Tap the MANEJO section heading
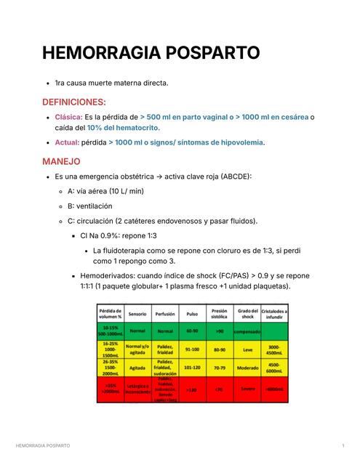tap(61, 161)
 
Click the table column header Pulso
tap(192, 315)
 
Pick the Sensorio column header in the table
tap(137, 315)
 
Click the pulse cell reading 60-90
tap(192, 331)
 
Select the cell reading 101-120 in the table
tap(192, 368)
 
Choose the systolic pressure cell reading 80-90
tap(220, 349)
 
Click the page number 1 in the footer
tap(343, 444)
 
